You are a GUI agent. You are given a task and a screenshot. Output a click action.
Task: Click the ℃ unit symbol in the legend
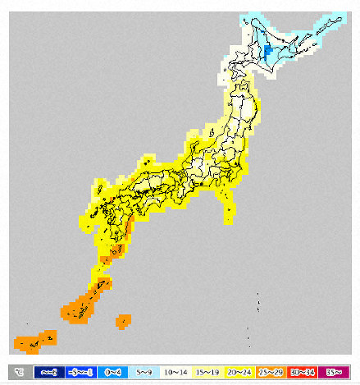pyautogui.click(x=18, y=372)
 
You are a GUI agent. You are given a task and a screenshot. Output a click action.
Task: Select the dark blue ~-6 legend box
pyautogui.click(x=48, y=372)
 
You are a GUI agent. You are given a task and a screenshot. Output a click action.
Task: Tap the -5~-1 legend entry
pyautogui.click(x=81, y=372)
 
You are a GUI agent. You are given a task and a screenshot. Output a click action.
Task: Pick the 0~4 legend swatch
pyautogui.click(x=114, y=372)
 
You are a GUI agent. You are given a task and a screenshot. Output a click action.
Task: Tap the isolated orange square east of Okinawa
pyautogui.click(x=124, y=321)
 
